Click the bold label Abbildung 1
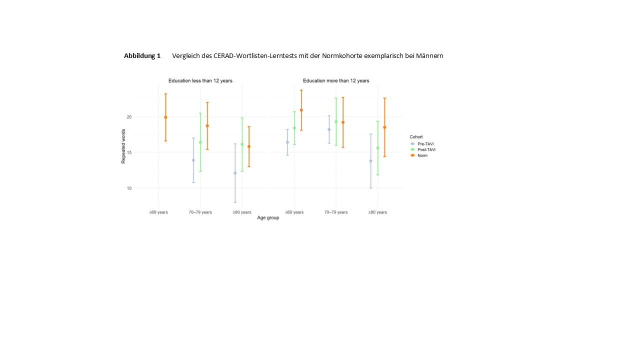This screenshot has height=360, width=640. (142, 56)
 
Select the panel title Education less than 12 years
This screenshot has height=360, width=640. (200, 80)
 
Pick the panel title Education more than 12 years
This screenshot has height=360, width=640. (336, 80)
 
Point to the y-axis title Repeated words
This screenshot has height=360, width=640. (123, 146)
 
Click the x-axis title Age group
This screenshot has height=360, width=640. (268, 218)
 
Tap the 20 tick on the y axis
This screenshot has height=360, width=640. (128, 117)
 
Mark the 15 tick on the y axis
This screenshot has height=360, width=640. (128, 152)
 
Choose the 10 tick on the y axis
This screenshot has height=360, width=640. (128, 188)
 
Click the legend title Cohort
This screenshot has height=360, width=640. (416, 136)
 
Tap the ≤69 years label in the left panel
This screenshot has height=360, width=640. (158, 212)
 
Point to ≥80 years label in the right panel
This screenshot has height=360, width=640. (377, 212)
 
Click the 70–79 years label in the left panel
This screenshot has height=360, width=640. (200, 212)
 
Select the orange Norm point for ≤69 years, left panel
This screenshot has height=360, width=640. (165, 117)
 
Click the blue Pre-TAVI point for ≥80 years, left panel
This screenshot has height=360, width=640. (235, 173)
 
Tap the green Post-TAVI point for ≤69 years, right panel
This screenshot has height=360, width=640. (294, 128)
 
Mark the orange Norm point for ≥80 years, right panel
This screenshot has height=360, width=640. (384, 127)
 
